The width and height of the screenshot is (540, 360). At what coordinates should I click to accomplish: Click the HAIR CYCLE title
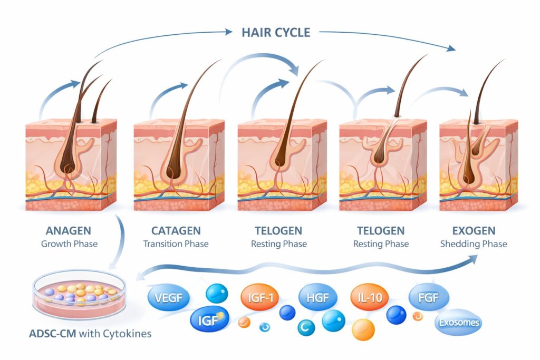pyautogui.click(x=276, y=32)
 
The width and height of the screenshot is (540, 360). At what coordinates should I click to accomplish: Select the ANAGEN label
pyautogui.click(x=68, y=231)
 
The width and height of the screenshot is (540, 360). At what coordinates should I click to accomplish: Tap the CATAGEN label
pyautogui.click(x=176, y=231)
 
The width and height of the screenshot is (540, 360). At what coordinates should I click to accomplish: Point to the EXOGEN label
pyautogui.click(x=474, y=231)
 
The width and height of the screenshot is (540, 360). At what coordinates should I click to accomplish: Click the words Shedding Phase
pyautogui.click(x=474, y=244)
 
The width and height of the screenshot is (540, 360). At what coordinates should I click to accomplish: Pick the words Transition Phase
pyautogui.click(x=176, y=244)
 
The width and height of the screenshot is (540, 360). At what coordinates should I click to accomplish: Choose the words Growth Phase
pyautogui.click(x=68, y=244)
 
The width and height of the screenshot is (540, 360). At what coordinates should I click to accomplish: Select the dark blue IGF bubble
pyautogui.click(x=210, y=319)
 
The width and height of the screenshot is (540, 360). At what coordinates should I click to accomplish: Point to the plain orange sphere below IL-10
pyautogui.click(x=363, y=329)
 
